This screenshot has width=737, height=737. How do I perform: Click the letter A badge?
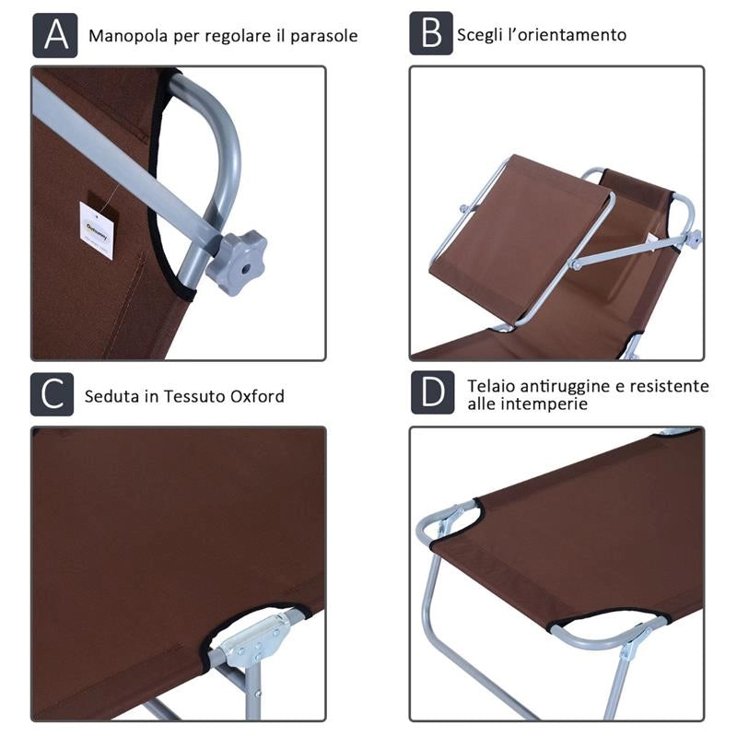[x=55, y=35]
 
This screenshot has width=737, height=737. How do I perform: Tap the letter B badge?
[x=431, y=33]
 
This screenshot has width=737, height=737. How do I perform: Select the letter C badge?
[x=53, y=394]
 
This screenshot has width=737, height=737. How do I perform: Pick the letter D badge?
[x=432, y=392]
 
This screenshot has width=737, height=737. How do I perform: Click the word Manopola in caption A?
[x=128, y=36]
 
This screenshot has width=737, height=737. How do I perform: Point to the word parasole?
[x=324, y=37]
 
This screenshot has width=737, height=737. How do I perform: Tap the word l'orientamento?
[x=565, y=35]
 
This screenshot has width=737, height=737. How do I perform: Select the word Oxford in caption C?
[x=257, y=396]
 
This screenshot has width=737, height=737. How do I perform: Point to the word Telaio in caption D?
[x=491, y=386]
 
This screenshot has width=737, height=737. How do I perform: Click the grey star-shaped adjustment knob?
[x=237, y=262]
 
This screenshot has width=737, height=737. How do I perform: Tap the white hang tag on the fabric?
[x=97, y=230]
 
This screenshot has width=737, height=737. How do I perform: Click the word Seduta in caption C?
[x=111, y=396]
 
